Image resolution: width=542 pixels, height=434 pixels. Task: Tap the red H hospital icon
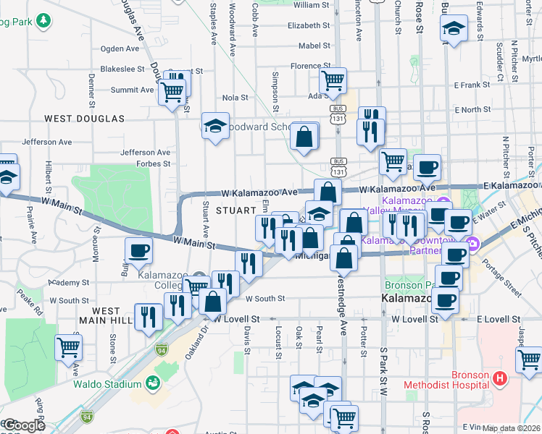(x=499, y=378)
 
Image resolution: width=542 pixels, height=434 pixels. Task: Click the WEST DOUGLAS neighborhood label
(x=84, y=118)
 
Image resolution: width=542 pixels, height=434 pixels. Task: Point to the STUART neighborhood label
(x=235, y=210)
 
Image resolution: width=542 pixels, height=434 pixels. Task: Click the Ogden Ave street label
(x=120, y=49)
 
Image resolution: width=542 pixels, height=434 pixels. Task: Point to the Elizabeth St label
(x=309, y=25)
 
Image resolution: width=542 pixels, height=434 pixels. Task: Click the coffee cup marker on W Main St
(x=138, y=251)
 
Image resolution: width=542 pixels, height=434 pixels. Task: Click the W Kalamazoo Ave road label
(x=260, y=192)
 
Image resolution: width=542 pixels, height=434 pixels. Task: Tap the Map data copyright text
(x=512, y=428)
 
